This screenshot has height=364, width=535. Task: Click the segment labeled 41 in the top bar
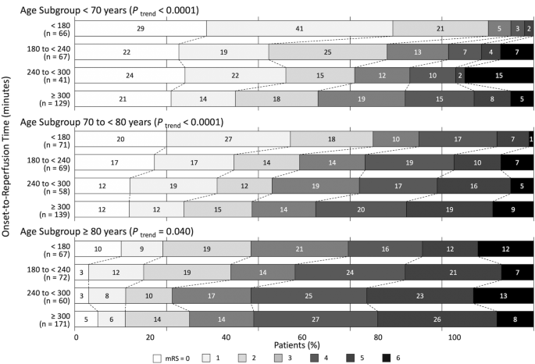(x=299, y=28)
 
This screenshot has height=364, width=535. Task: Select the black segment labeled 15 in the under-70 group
(x=498, y=75)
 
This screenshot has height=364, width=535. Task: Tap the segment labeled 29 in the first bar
(x=141, y=28)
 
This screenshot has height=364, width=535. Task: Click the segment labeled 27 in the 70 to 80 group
(x=228, y=138)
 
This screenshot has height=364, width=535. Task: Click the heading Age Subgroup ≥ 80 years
(x=133, y=231)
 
